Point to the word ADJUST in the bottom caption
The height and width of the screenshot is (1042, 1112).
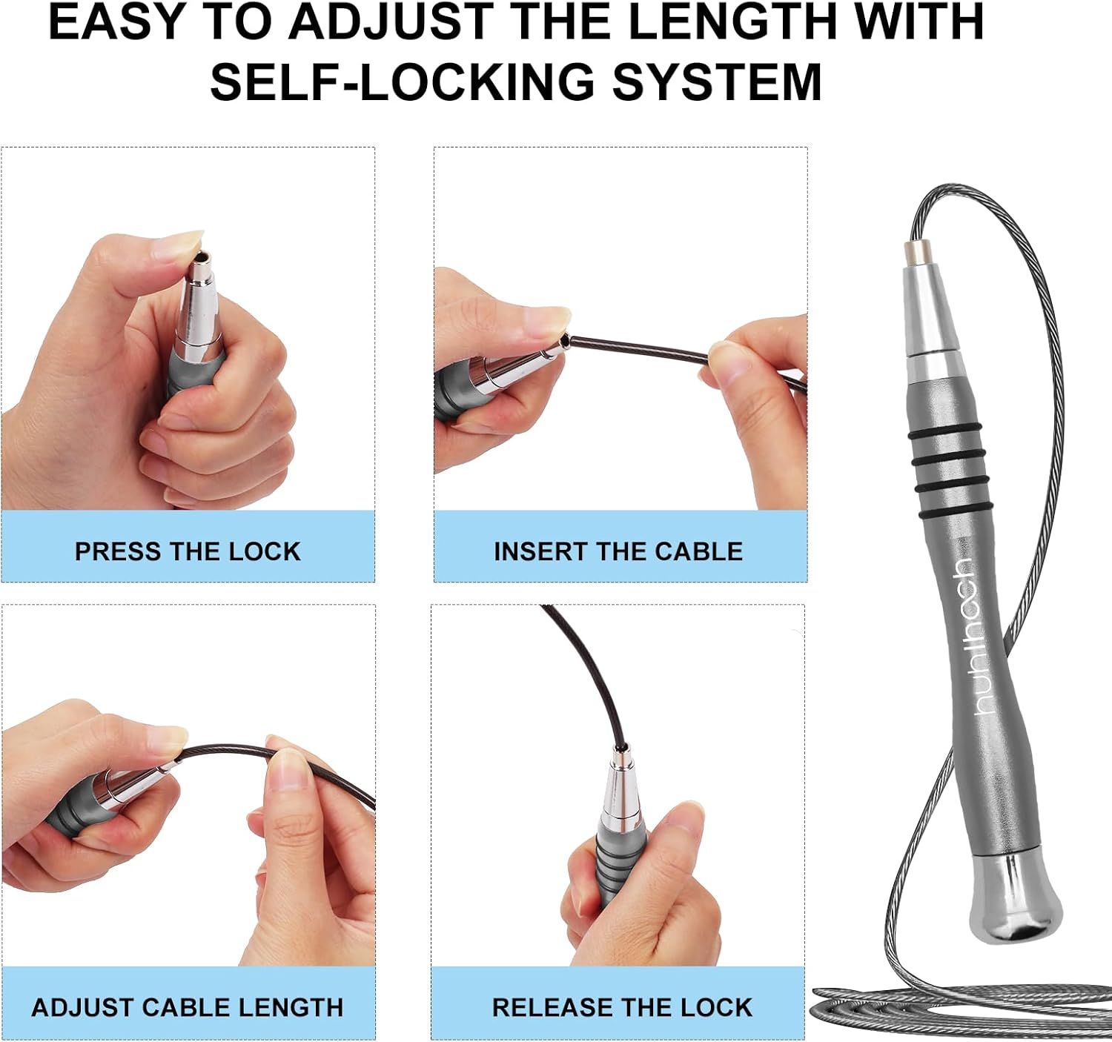(x=82, y=1008)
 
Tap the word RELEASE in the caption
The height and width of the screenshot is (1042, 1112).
(x=549, y=1008)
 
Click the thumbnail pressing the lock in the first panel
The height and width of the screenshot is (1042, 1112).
(x=182, y=242)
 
